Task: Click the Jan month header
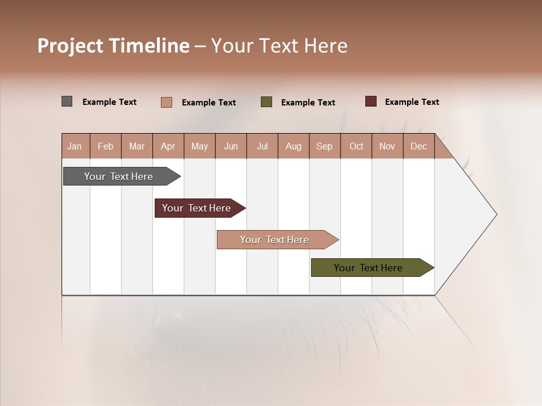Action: (75, 146)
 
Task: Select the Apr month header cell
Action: (168, 146)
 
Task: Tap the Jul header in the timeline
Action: (262, 146)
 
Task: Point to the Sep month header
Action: (324, 146)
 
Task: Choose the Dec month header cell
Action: (418, 146)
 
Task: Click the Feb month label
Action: (106, 146)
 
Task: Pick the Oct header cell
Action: (356, 146)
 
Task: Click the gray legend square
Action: (67, 101)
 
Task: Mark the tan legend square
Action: (166, 102)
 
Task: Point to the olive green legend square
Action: (266, 102)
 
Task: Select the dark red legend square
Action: (371, 101)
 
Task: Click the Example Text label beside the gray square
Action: (110, 102)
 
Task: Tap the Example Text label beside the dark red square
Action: (412, 102)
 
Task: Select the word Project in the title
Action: (71, 46)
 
